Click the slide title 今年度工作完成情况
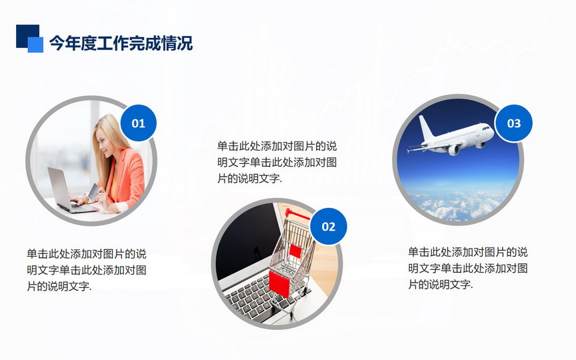click(121, 43)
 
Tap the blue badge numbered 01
click(139, 123)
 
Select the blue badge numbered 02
click(329, 226)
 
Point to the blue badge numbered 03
click(513, 123)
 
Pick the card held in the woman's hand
click(93, 192)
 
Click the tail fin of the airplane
click(426, 128)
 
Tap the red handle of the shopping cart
click(297, 214)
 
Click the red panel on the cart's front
click(279, 283)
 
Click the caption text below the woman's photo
click(87, 270)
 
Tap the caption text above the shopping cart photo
click(277, 163)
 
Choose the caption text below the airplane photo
click(468, 268)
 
